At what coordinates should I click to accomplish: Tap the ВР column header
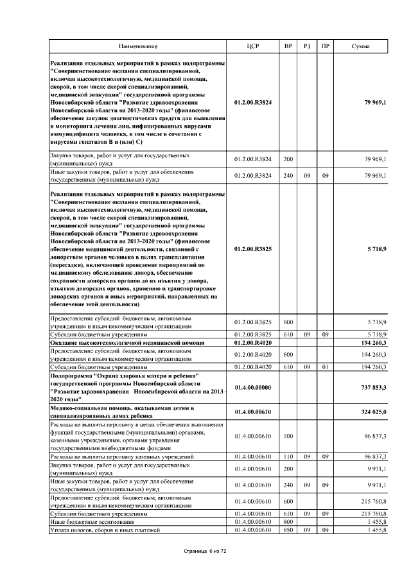click(288, 47)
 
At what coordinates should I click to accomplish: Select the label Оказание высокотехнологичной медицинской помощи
click(127, 343)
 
